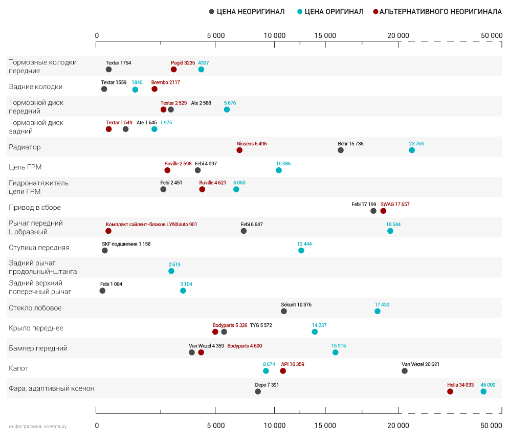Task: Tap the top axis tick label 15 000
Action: click(325, 35)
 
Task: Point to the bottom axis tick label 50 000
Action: click(492, 426)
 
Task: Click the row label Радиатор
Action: click(25, 147)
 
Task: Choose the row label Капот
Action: click(19, 368)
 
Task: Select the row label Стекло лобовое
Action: click(35, 308)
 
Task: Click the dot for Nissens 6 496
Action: click(239, 150)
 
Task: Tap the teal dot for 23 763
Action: click(412, 150)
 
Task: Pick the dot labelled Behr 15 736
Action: click(341, 150)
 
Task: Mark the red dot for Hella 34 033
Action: click(450, 391)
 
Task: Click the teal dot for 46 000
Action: click(483, 391)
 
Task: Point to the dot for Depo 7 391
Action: click(258, 391)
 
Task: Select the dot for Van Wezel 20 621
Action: click(405, 371)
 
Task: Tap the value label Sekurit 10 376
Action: click(296, 305)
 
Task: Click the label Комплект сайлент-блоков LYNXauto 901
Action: click(151, 225)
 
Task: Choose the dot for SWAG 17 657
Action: click(383, 211)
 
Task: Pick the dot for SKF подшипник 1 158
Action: click(105, 251)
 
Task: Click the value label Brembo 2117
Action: click(166, 82)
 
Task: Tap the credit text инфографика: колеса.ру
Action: click(38, 426)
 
